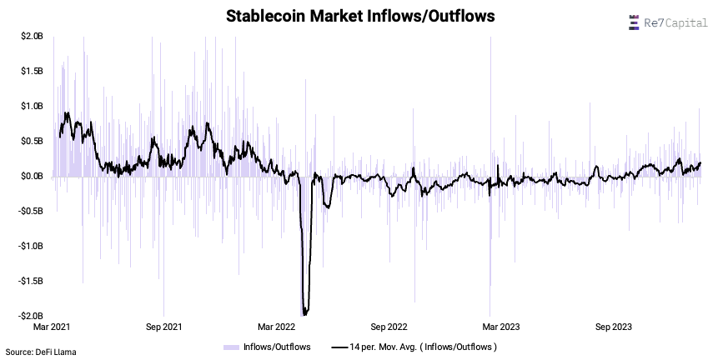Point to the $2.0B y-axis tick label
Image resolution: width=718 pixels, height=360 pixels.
(33, 36)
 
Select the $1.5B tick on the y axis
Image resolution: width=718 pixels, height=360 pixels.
(33, 71)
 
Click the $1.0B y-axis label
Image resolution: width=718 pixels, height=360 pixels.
(33, 106)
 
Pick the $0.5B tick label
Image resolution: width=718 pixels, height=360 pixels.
(33, 141)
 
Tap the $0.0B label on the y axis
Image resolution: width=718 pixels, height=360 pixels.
(33, 176)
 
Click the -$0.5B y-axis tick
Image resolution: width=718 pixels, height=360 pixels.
(31, 211)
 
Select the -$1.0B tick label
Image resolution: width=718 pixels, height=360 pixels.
(31, 246)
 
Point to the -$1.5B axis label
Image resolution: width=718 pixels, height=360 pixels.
(31, 281)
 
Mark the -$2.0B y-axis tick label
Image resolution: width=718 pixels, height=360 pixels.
(31, 316)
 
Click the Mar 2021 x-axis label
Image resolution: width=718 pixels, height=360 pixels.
(52, 327)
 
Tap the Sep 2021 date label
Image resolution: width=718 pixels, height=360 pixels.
(163, 327)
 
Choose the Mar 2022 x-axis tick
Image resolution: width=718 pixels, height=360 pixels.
(277, 327)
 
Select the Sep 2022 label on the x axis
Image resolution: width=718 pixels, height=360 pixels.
(388, 327)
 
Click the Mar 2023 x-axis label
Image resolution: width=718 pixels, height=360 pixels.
(500, 327)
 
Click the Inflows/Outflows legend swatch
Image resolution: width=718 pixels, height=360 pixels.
(231, 346)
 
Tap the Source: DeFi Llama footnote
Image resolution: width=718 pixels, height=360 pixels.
(41, 352)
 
